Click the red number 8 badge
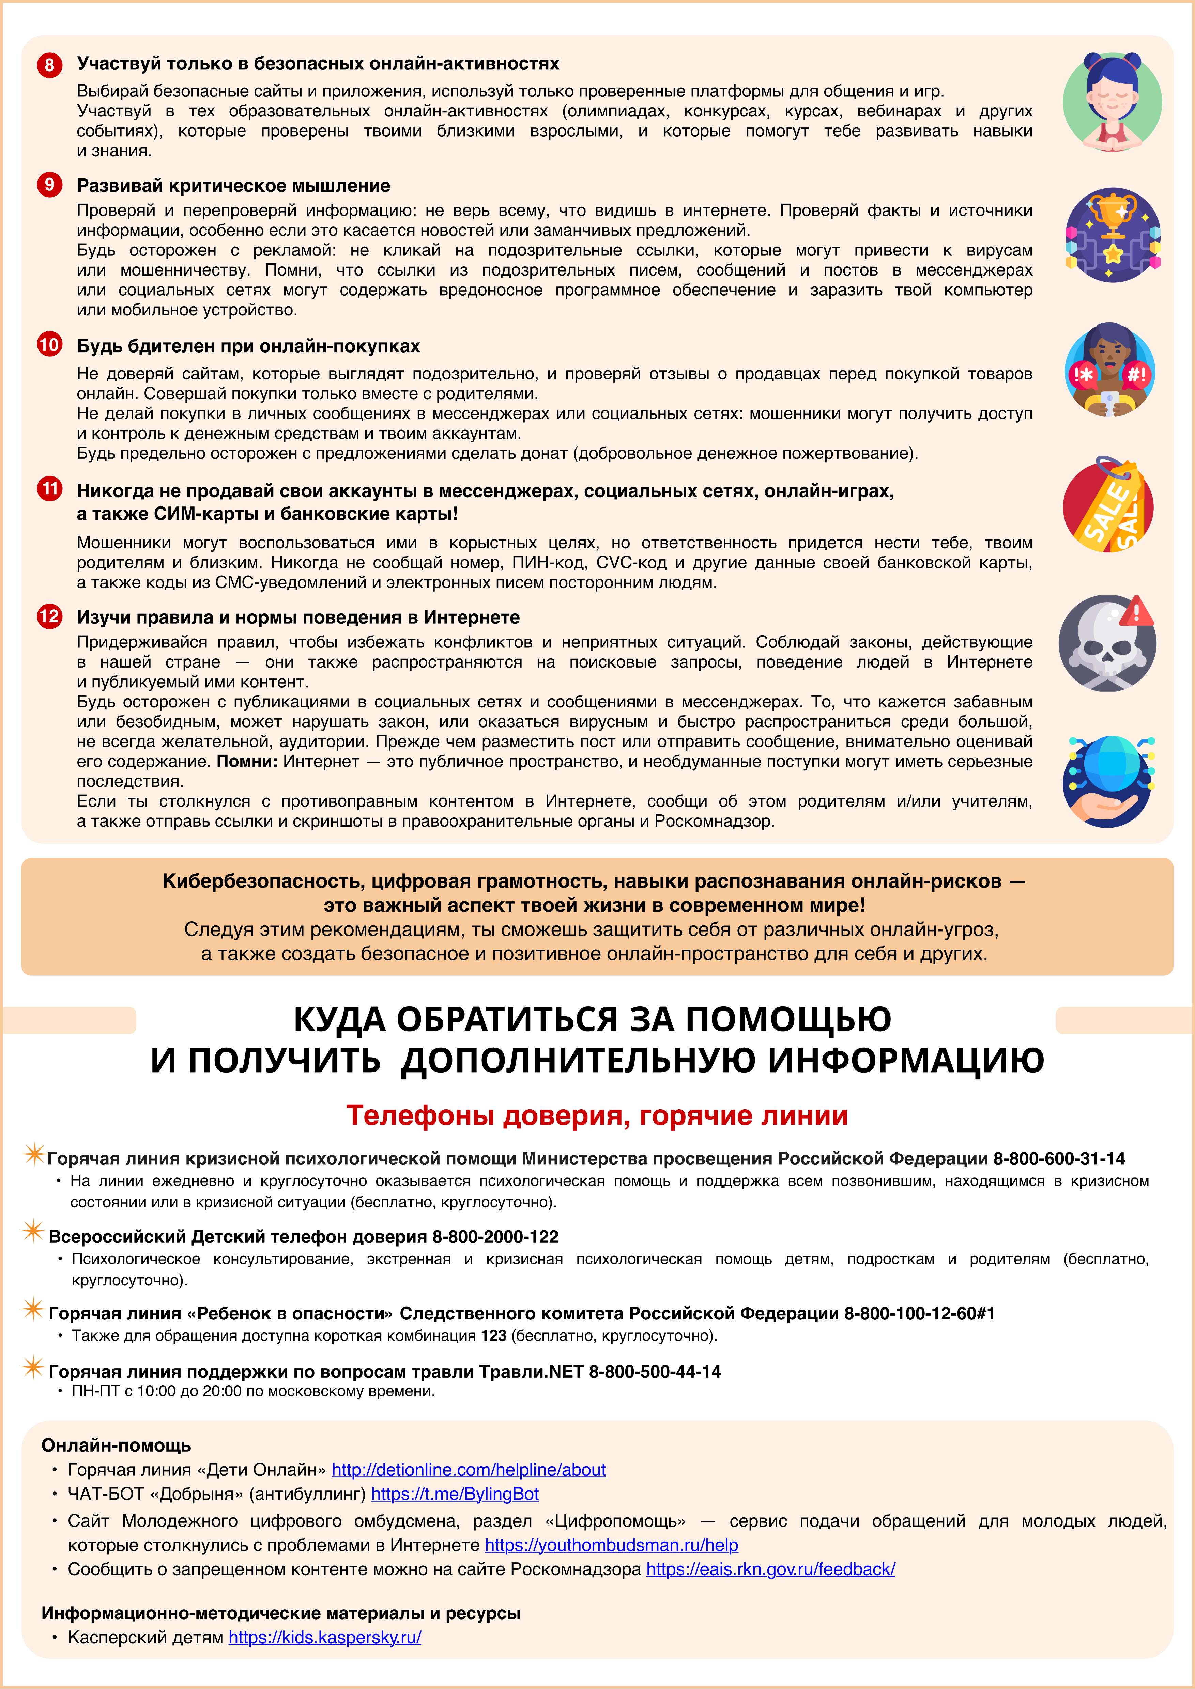49,65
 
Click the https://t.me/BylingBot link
455,1494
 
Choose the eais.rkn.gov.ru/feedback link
770,1570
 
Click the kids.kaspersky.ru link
324,1638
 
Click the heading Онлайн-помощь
116,1445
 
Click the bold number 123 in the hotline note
493,1336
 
